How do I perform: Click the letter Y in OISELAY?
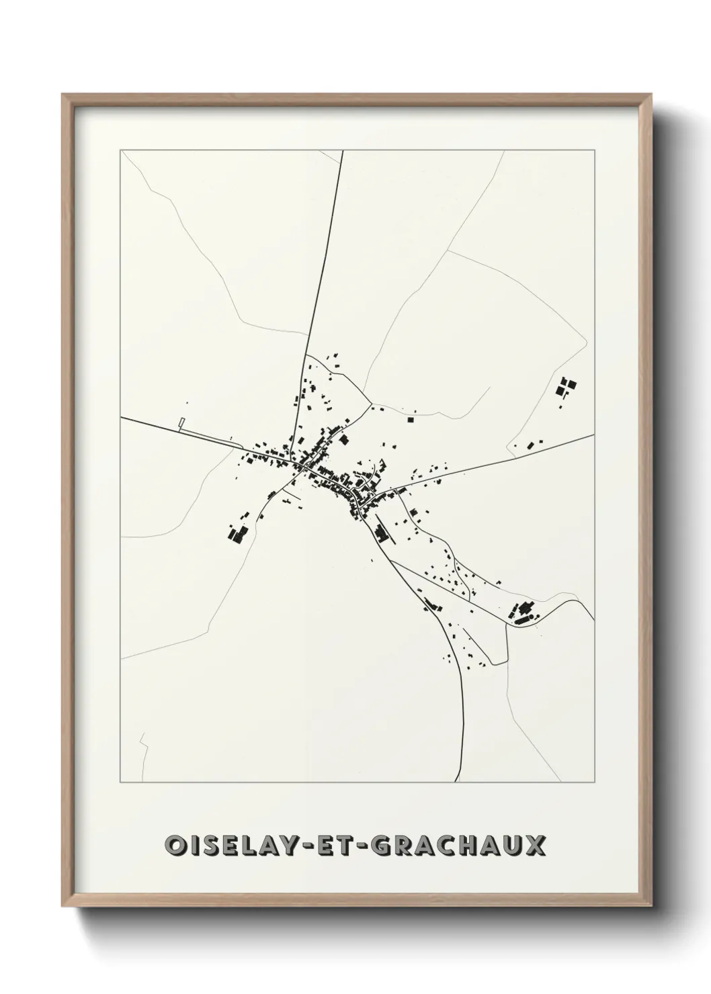tap(300, 846)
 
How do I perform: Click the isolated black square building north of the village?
tap(410, 420)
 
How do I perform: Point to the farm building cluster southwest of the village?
tap(237, 533)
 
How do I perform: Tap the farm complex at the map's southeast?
tap(524, 611)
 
